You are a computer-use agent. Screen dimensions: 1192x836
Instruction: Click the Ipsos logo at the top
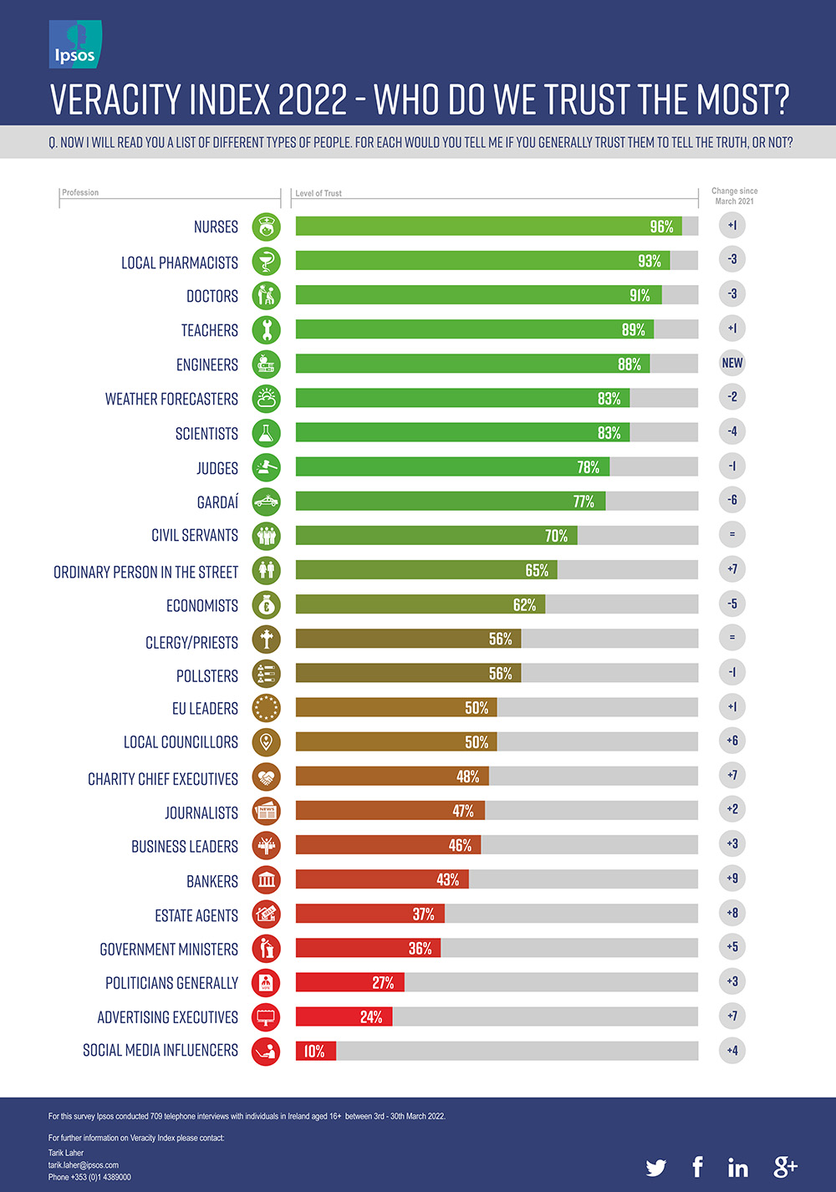[75, 45]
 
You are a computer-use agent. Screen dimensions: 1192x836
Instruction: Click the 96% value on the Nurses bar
[661, 227]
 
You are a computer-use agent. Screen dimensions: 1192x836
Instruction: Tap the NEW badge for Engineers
[731, 363]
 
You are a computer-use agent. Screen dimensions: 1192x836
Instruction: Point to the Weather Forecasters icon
[266, 399]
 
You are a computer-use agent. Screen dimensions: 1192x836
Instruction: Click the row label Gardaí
[217, 502]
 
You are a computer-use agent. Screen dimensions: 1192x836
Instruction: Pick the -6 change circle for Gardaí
[731, 500]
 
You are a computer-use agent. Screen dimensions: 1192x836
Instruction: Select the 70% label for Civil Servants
[556, 536]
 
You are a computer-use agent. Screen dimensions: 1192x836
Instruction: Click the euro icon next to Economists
[266, 605]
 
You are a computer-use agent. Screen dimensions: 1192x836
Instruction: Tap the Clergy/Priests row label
[191, 642]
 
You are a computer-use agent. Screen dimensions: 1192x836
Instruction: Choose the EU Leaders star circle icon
[266, 708]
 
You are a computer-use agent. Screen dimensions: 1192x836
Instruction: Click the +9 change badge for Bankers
[731, 879]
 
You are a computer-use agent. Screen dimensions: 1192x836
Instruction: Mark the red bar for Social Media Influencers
[316, 1051]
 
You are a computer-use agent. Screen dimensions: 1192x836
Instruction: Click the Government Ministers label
[169, 950]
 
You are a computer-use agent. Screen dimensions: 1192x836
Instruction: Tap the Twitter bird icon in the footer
[656, 1167]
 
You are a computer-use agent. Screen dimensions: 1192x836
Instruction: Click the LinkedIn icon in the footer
[737, 1167]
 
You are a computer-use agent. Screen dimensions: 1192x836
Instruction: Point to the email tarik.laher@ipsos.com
[84, 1165]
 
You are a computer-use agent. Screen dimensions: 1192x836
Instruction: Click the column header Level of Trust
[319, 193]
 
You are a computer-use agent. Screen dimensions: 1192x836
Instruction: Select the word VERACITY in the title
[116, 99]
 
